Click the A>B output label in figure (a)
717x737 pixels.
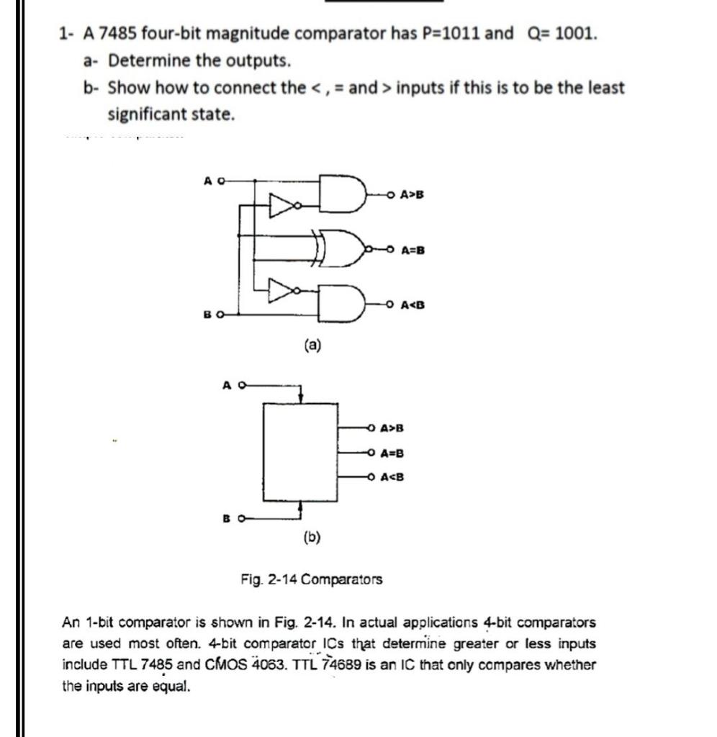click(x=412, y=194)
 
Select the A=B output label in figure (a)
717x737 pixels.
click(x=412, y=250)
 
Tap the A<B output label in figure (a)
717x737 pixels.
click(x=412, y=304)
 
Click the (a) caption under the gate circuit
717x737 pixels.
click(x=312, y=345)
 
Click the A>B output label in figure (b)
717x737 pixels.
click(x=392, y=429)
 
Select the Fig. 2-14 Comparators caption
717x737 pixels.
click(x=312, y=579)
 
